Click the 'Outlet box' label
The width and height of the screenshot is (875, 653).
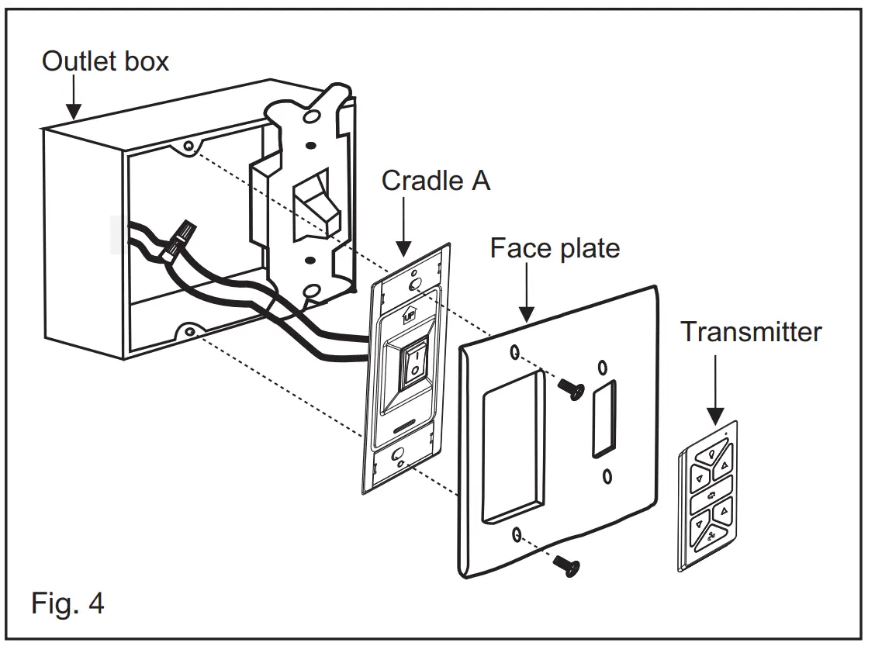(x=105, y=60)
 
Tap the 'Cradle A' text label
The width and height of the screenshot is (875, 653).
(x=436, y=181)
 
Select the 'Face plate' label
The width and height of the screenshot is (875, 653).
(x=555, y=248)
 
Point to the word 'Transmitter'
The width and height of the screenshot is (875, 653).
(x=751, y=332)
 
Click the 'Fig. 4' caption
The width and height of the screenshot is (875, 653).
(x=67, y=603)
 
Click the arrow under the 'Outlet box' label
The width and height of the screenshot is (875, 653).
(x=73, y=101)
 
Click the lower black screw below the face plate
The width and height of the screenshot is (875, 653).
(x=568, y=568)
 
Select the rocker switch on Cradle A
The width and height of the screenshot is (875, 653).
(x=415, y=363)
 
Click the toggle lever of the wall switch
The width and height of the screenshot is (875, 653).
(x=316, y=206)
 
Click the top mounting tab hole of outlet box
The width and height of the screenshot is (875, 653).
(x=188, y=146)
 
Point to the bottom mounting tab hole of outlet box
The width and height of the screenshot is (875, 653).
(x=188, y=333)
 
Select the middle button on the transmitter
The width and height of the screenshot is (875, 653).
(x=711, y=494)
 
